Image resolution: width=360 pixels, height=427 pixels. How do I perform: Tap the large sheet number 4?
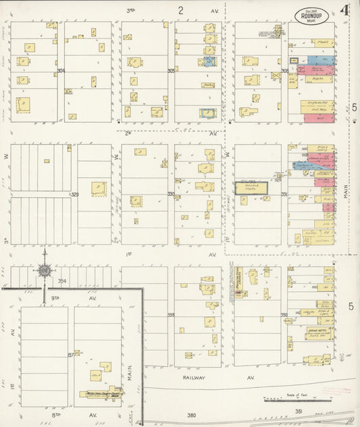point(344,11)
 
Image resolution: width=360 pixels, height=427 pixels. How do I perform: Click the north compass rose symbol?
point(45,272)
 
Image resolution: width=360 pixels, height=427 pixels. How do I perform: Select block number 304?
point(61,71)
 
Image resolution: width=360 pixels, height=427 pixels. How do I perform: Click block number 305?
point(172,70)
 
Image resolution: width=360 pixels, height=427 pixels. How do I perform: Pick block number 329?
point(74,195)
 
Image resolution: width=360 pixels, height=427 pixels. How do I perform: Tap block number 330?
point(171,195)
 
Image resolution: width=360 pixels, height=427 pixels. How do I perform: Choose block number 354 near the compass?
point(62,280)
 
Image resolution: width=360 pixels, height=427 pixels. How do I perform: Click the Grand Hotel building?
point(318,331)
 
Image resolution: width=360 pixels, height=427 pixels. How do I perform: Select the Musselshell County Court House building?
point(101,393)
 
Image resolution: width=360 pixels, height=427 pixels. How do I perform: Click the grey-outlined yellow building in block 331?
point(251,189)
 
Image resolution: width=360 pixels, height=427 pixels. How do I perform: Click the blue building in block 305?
point(210,61)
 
